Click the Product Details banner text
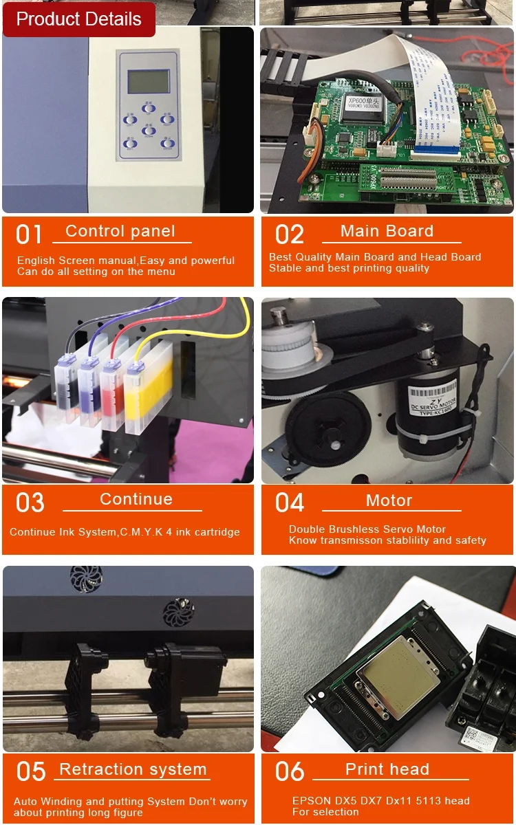(x=78, y=19)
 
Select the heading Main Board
(x=387, y=232)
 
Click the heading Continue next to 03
(x=136, y=499)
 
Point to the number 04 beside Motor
(x=290, y=503)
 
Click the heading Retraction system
(x=133, y=769)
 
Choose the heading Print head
(x=387, y=769)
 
